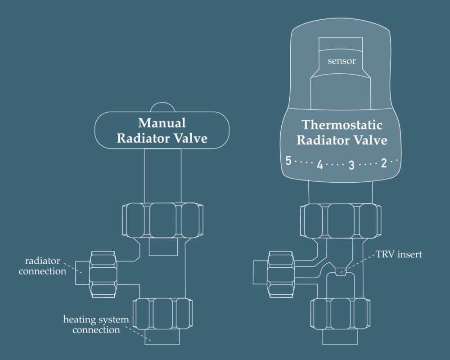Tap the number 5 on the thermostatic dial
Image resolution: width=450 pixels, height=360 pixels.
click(288, 161)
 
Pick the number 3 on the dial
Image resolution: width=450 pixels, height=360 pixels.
click(352, 165)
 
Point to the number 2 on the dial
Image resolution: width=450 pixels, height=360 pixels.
click(384, 163)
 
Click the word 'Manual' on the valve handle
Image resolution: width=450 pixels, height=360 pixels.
click(162, 123)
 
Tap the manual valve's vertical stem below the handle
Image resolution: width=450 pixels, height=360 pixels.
click(162, 175)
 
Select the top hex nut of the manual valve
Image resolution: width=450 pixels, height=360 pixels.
click(162, 220)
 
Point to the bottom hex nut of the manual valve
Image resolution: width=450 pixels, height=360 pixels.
click(162, 314)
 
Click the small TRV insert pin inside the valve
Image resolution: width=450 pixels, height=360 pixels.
click(341, 272)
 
